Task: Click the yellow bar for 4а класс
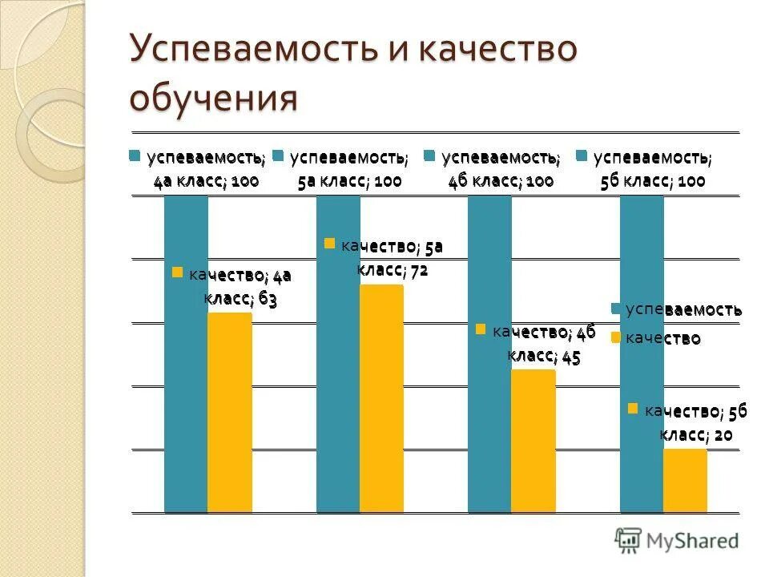(x=229, y=412)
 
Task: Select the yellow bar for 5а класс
(x=381, y=397)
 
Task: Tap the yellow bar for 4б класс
(x=533, y=441)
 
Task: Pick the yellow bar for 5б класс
(x=685, y=480)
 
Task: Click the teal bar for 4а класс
(x=186, y=353)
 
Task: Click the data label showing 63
(x=240, y=288)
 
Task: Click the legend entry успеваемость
(x=677, y=309)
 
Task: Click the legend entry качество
(x=657, y=339)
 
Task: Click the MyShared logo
(x=676, y=540)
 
